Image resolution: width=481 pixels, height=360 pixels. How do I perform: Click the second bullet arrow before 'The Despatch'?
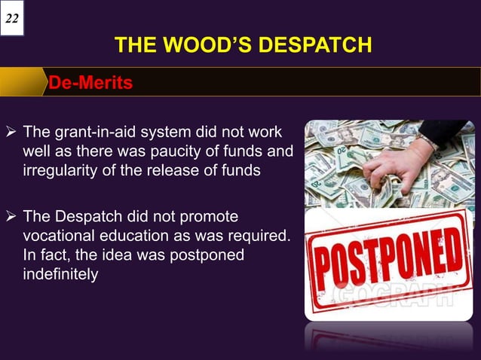[11, 218]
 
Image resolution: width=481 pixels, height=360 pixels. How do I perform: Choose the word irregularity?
[60, 170]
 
